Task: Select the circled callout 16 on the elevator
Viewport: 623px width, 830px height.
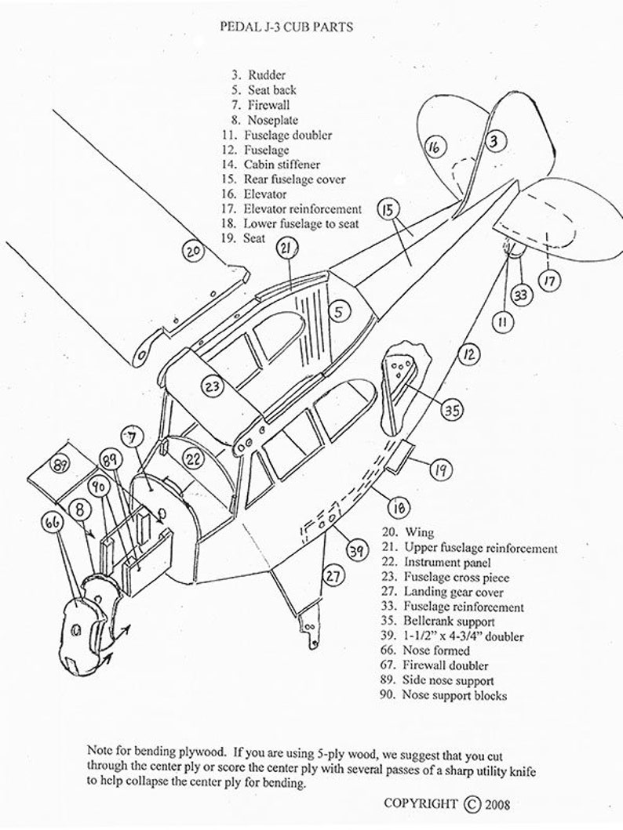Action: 436,146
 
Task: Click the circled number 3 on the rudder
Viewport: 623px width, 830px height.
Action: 492,141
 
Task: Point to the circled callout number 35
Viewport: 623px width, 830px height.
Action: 450,409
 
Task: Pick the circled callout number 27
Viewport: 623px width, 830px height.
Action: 335,576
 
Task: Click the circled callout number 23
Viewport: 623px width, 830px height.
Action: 212,386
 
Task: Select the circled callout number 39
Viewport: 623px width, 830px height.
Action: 357,552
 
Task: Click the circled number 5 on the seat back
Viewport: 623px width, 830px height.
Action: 338,312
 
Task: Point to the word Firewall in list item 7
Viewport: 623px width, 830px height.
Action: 268,105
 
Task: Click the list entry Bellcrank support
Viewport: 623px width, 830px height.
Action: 448,622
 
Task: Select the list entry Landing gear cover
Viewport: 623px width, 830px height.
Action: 454,593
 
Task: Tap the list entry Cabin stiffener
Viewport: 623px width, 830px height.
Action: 281,165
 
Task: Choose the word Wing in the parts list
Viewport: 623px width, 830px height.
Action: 419,533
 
